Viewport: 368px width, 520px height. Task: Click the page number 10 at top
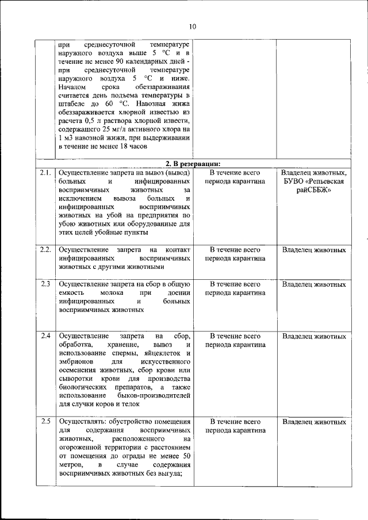tap(192, 26)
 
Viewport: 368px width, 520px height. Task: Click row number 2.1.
tap(45, 172)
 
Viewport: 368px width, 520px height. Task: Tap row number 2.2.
tap(45, 250)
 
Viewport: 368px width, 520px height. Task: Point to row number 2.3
tap(45, 284)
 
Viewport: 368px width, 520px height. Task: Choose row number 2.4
tap(45, 336)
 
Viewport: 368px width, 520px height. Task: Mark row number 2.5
tap(45, 422)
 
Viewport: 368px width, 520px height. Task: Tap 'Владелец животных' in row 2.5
tap(314, 422)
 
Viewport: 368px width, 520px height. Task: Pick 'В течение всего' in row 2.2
tap(235, 250)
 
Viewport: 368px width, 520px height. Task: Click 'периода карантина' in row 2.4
tap(235, 345)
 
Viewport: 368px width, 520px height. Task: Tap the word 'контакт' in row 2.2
tap(178, 250)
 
